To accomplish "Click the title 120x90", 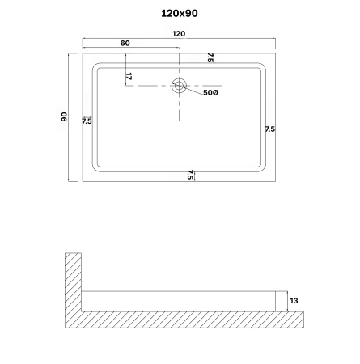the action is pos(180,13).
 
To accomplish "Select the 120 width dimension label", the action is pos(179,34).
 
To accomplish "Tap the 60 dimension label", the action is pos(125,43).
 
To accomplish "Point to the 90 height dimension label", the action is pos(64,116).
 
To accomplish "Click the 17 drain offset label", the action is pos(129,77).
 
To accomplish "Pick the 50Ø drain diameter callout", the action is pos(210,93).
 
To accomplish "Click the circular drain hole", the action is pos(179,86).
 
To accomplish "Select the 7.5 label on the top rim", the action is pos(210,57).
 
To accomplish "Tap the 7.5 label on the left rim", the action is pos(87,121).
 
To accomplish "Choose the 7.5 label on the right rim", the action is pos(270,129).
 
